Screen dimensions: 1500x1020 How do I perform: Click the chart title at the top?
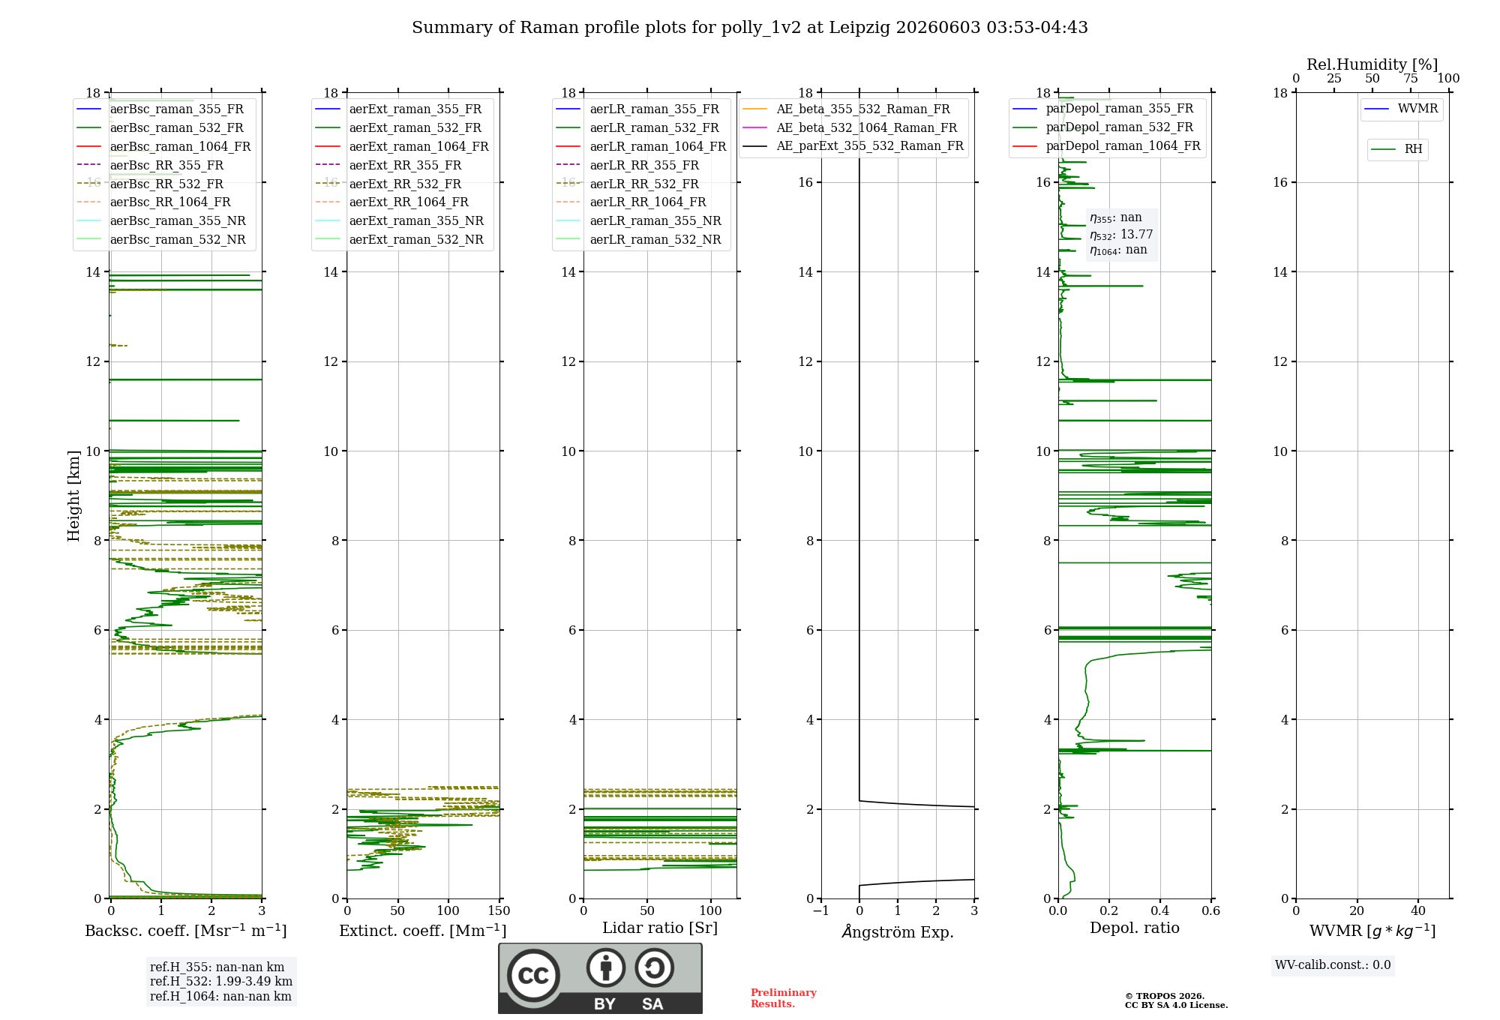click(750, 28)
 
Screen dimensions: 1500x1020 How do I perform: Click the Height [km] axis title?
click(73, 496)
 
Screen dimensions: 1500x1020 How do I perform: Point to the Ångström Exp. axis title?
click(898, 931)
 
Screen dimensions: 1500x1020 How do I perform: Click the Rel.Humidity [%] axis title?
click(1372, 64)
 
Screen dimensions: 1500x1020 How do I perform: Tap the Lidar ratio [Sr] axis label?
click(660, 928)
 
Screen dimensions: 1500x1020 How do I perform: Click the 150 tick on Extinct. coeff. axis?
click(499, 911)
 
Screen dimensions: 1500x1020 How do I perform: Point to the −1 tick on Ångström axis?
click(821, 911)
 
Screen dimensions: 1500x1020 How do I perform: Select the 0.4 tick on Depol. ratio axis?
click(1160, 911)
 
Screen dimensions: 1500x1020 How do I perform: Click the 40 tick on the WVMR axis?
click(1418, 911)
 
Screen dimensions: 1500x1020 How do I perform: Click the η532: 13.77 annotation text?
click(1121, 235)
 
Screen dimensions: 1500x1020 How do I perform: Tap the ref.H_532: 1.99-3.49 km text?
click(221, 982)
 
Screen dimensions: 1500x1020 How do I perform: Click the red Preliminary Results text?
click(784, 998)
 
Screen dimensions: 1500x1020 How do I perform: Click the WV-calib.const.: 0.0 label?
click(1333, 965)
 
